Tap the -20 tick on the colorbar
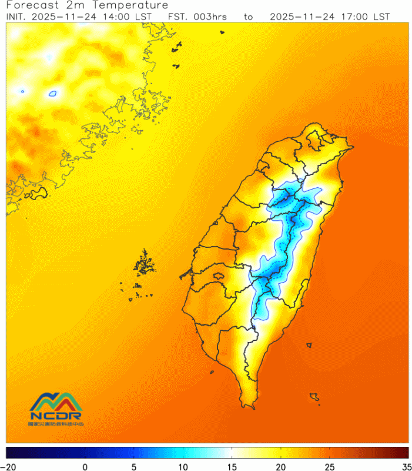pyautogui.click(x=8, y=466)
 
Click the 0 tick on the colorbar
pyautogui.click(x=86, y=466)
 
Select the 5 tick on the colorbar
pyautogui.click(x=135, y=466)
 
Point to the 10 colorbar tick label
pyautogui.click(x=183, y=466)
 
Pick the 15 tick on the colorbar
pyautogui.click(x=233, y=466)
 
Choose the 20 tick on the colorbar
pyautogui.click(x=282, y=466)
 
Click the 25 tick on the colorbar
pyautogui.click(x=330, y=466)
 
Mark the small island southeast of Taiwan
pyautogui.click(x=315, y=398)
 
